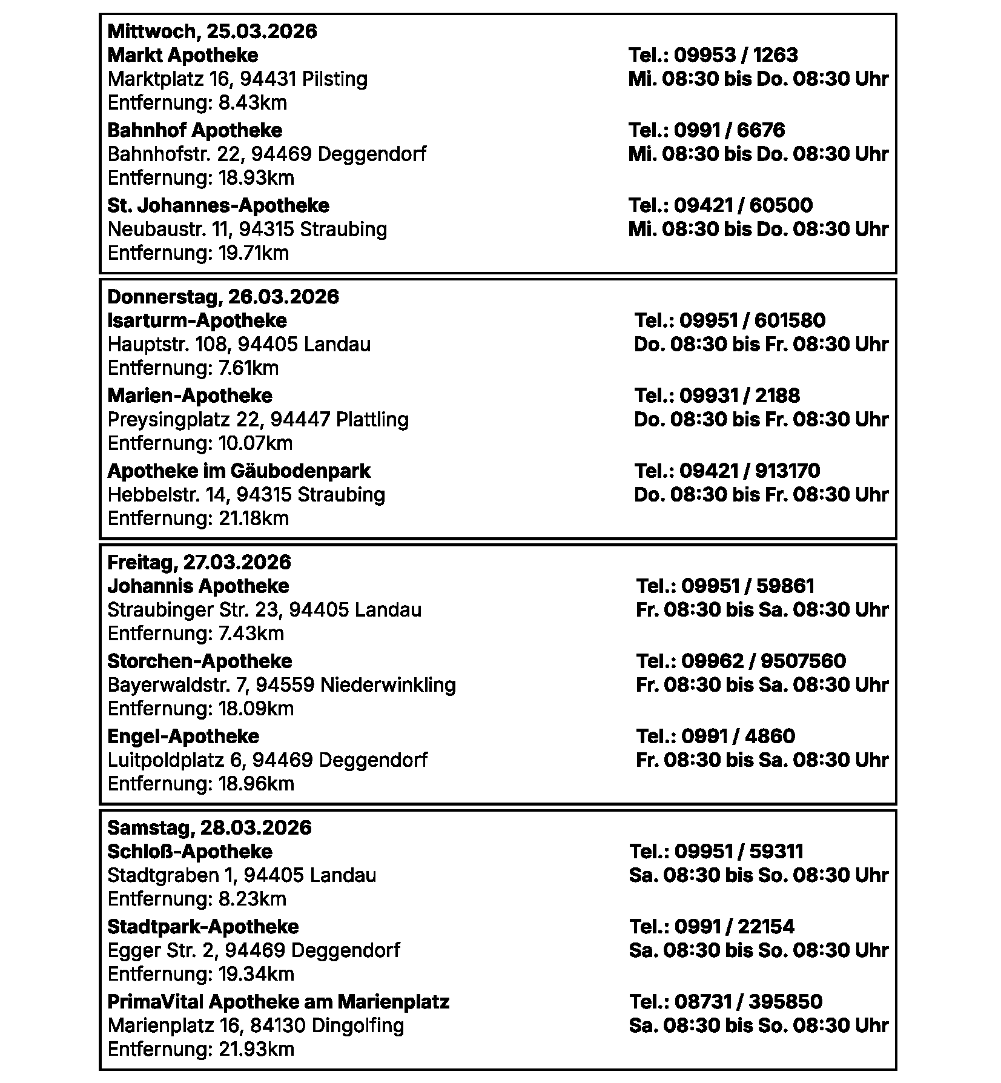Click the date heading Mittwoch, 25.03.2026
click(212, 31)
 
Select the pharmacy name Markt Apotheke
click(183, 55)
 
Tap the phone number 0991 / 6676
click(729, 130)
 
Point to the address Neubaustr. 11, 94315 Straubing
click(247, 229)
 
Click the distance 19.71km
click(254, 253)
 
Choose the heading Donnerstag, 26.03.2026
click(223, 297)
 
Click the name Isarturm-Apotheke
click(197, 320)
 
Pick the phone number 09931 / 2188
click(739, 396)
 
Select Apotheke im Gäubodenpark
click(239, 471)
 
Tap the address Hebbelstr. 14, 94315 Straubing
click(246, 494)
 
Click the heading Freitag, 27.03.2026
click(199, 562)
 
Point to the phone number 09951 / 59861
click(748, 586)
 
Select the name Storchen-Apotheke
click(200, 661)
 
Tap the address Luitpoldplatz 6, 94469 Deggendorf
click(267, 760)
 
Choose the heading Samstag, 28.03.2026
click(209, 828)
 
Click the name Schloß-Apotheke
click(190, 852)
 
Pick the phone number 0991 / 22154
click(734, 927)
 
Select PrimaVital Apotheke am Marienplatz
click(278, 1002)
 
